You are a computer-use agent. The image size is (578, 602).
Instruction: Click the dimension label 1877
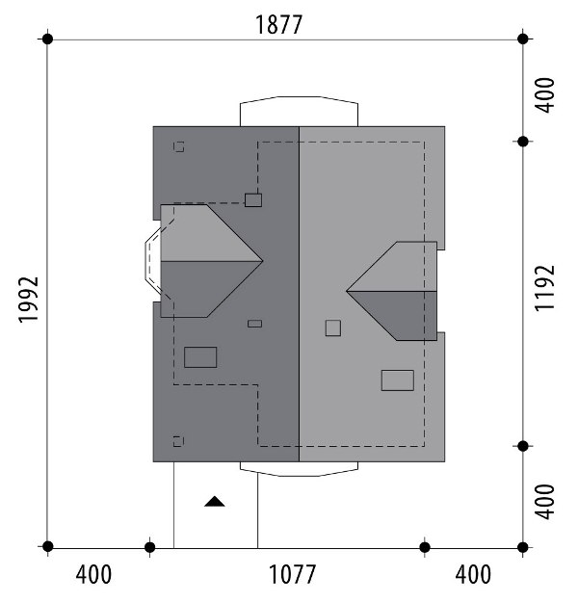278,25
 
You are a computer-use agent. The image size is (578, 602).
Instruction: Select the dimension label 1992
29,300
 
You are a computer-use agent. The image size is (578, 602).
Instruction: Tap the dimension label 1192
545,288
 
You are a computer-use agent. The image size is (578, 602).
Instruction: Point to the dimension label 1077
292,574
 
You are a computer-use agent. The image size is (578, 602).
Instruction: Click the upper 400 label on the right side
545,95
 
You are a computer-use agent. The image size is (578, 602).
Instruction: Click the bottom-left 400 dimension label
93,574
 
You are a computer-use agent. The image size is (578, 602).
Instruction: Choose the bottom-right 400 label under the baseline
473,574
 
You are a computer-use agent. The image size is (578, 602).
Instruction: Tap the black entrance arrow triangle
215,502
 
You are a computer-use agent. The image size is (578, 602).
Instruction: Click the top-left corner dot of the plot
47,39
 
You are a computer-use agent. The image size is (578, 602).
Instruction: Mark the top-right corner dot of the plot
523,39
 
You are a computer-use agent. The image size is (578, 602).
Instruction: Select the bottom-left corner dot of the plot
47,546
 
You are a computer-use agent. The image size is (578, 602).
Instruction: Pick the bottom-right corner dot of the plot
523,547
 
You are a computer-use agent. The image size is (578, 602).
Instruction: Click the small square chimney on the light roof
333,328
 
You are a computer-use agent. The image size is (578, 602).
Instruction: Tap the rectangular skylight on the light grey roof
398,380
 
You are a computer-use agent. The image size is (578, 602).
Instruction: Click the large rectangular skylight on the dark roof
200,357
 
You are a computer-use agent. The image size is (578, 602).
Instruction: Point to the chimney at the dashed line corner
253,200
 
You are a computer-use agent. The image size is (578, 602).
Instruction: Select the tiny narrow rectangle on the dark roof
254,324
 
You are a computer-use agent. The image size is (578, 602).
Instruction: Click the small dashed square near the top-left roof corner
178,146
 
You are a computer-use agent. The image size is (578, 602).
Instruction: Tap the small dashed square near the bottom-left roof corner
178,441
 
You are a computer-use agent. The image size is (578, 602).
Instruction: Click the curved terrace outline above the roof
300,96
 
